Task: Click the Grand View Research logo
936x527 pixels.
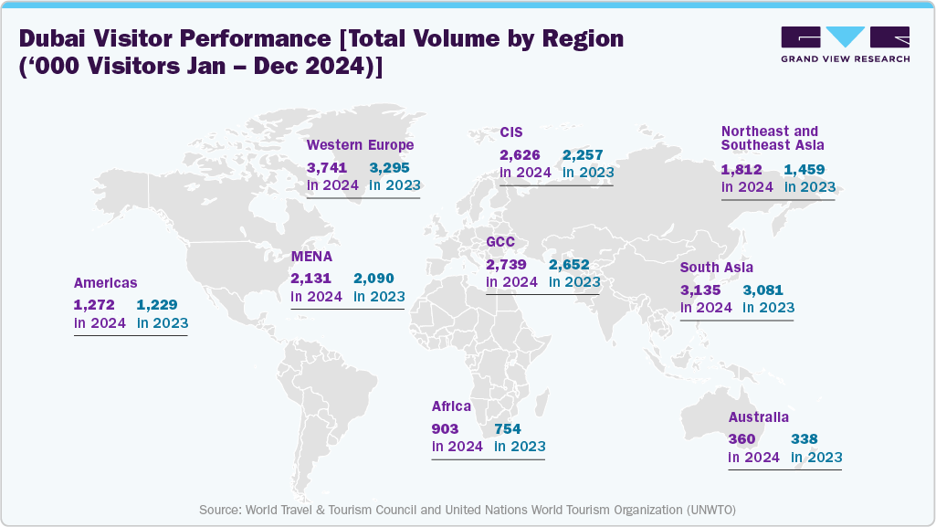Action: coord(845,45)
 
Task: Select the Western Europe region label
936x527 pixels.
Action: coord(360,145)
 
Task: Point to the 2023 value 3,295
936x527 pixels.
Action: coord(390,168)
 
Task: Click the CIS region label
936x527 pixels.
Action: coord(510,132)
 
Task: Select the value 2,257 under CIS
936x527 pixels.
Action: coord(583,155)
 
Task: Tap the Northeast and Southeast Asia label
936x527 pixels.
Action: coord(770,138)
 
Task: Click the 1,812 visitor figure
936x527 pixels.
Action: coord(741,170)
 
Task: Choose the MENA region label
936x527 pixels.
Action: coord(311,257)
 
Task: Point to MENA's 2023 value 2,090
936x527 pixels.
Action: coord(374,279)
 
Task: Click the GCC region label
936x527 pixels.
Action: coord(500,242)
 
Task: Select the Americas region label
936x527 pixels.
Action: coord(105,283)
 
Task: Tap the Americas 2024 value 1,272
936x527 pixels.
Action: coord(94,305)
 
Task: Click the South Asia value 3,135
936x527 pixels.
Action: coord(700,290)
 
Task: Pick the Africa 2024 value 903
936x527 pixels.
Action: coord(445,429)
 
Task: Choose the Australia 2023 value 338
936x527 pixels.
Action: coord(805,439)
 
